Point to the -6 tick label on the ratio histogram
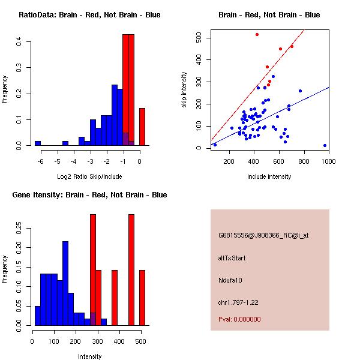pyautogui.click(x=41, y=161)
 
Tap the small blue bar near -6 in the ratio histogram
pyautogui.click(x=38, y=143)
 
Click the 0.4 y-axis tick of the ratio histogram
pyautogui.click(x=20, y=41)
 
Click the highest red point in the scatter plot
pyautogui.click(x=257, y=35)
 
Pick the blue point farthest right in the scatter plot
pyautogui.click(x=325, y=145)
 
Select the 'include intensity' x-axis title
pyautogui.click(x=269, y=176)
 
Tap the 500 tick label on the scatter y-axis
pyautogui.click(x=200, y=38)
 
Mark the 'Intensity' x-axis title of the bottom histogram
pyautogui.click(x=89, y=356)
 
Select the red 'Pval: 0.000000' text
pyautogui.click(x=239, y=320)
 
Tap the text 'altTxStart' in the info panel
pyautogui.click(x=232, y=258)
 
